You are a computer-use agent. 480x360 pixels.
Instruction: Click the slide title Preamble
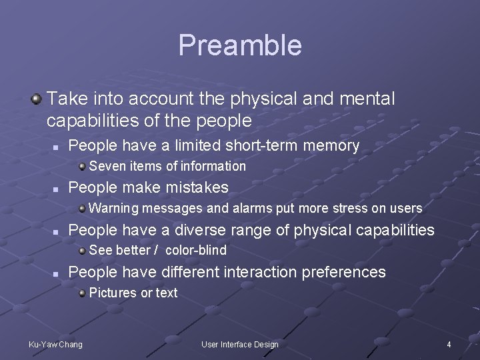click(240, 45)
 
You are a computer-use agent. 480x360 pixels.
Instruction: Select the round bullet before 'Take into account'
click(36, 99)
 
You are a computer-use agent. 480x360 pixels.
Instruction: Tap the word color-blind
click(196, 251)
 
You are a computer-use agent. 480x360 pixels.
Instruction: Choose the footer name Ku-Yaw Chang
click(55, 345)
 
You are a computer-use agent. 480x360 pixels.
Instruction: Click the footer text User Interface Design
click(240, 345)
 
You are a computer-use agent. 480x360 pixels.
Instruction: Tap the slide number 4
click(449, 345)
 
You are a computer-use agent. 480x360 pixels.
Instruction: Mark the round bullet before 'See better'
click(81, 250)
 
